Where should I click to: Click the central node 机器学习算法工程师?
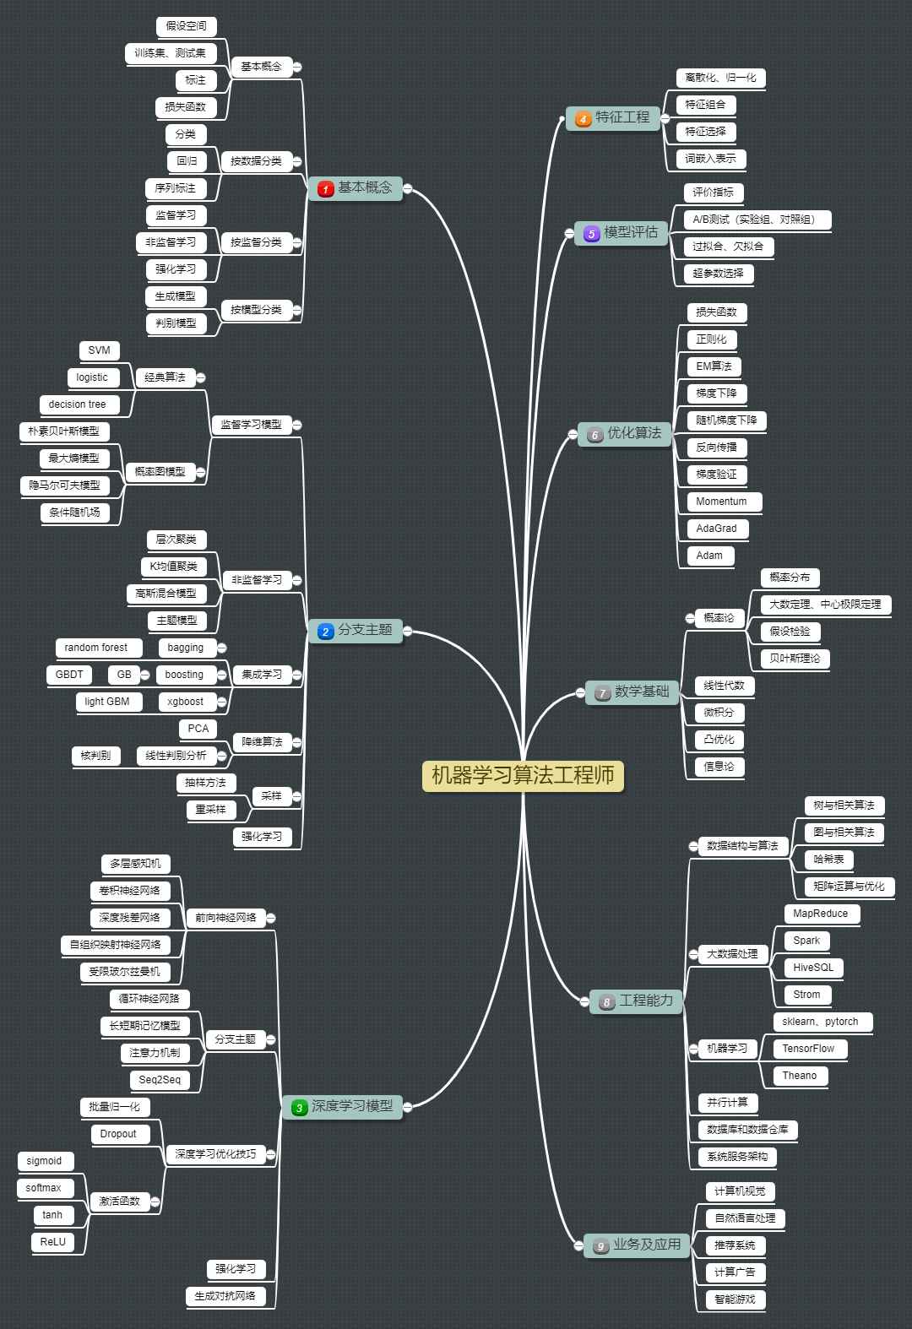point(523,775)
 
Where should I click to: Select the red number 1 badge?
point(325,189)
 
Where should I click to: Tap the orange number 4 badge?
point(583,119)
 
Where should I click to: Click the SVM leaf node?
point(99,350)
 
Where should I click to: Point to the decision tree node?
point(77,404)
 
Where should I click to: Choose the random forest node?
point(95,648)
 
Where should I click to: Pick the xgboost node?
point(185,702)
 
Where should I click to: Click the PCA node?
point(198,729)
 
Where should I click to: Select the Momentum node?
point(721,502)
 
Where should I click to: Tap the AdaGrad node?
point(716,529)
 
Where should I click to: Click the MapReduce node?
point(820,914)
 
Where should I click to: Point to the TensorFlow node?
point(808,1049)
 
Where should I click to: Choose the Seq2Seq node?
point(160,1080)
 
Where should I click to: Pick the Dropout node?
point(118,1134)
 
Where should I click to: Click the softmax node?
point(43,1188)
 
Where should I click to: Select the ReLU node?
point(52,1242)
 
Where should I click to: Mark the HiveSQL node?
point(813,968)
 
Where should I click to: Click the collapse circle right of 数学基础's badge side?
point(580,693)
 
